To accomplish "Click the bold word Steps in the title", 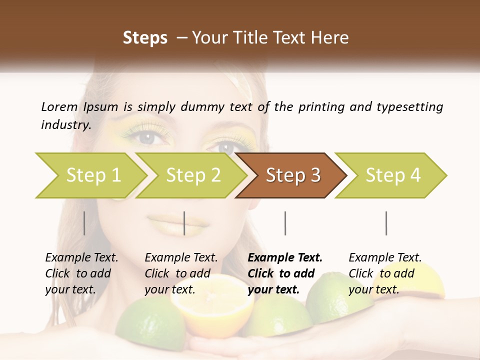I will point(145,38).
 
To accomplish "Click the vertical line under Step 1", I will point(84,223).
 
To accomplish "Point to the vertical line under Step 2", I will point(184,223).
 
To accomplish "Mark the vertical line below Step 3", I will point(285,223).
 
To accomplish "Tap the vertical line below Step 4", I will point(386,223).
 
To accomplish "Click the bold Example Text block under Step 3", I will point(285,273).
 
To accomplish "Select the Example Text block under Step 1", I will point(81,273).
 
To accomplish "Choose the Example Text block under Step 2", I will point(181,273).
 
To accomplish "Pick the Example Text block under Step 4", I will point(385,273).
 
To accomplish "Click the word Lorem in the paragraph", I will point(59,107).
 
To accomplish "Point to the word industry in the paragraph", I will point(65,125).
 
